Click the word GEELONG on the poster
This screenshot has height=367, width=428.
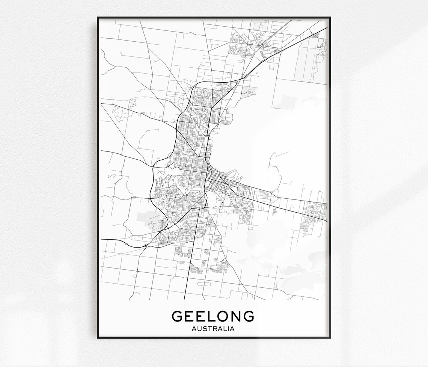pyautogui.click(x=213, y=316)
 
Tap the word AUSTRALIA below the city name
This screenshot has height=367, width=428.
pyautogui.click(x=213, y=329)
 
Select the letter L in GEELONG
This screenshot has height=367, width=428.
pyautogui.click(x=208, y=316)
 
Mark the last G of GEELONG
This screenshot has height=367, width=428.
pyautogui.click(x=248, y=316)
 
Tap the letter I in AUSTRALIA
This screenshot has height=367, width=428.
pyautogui.click(x=228, y=329)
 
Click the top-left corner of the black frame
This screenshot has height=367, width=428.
pyautogui.click(x=98, y=18)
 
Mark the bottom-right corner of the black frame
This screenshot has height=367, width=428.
pyautogui.click(x=330, y=337)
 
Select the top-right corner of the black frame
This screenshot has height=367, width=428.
pyautogui.click(x=330, y=18)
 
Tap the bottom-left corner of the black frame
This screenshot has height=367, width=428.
pyautogui.click(x=98, y=337)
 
